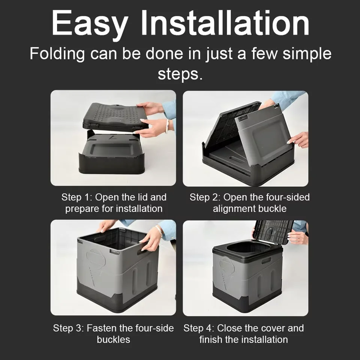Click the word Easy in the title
coord(89,23)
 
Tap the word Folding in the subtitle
coord(57,54)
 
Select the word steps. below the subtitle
coord(180,73)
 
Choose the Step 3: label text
coord(68,328)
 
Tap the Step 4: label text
coord(198,328)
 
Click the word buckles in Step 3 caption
coord(113,340)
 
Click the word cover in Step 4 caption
coord(271,328)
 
